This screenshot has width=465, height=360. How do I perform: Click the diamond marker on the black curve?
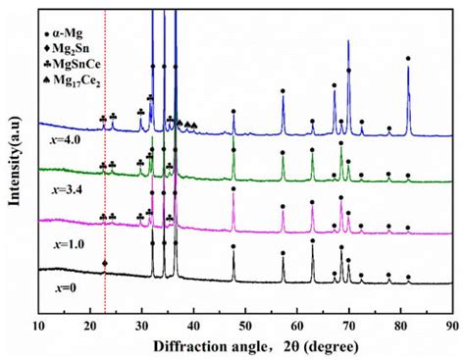[105, 263]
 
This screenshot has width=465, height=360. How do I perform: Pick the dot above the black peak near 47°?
[233, 246]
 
